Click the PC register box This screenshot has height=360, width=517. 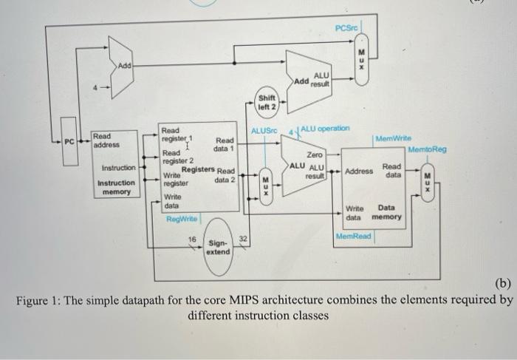coord(69,140)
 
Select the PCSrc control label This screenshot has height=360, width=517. coord(346,28)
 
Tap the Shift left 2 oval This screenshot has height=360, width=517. coord(266,101)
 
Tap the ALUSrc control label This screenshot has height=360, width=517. coord(263,131)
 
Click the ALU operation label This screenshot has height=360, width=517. coord(326,128)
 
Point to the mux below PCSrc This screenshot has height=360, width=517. coord(361,55)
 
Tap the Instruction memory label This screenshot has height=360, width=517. coord(117,187)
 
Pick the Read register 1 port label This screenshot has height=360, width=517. coord(177,134)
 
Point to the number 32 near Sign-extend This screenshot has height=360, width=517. coord(244,239)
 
